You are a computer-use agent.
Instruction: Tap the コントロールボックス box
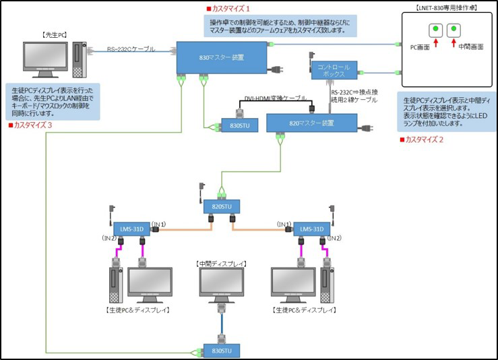tap(333, 71)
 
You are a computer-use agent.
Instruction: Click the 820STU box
tap(221, 206)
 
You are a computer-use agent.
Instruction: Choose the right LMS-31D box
tap(312, 229)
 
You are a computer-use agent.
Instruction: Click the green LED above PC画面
tap(435, 29)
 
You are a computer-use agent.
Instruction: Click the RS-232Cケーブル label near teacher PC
tap(131, 49)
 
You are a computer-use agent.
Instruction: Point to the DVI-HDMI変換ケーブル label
tap(276, 98)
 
